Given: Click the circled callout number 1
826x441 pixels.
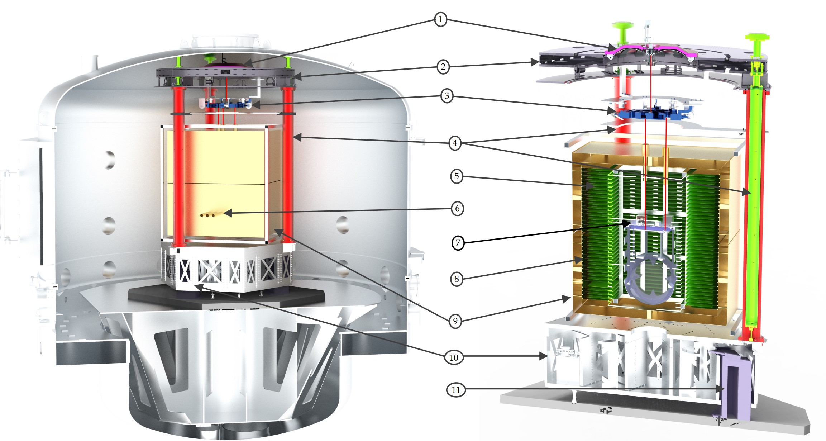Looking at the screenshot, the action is (440, 19).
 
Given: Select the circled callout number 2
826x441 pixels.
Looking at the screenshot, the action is (443, 67).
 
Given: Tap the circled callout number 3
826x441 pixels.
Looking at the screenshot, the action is (447, 96).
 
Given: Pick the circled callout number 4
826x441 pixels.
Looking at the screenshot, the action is (455, 143).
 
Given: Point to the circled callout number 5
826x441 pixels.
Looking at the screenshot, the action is (457, 176).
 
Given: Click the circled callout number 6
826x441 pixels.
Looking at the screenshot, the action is (457, 209).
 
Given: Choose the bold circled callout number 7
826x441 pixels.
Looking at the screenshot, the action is (458, 243).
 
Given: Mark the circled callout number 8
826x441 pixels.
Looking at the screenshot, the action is (457, 279).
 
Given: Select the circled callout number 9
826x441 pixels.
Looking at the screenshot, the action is (455, 321).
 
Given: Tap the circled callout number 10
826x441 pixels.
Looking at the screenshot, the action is (454, 357).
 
